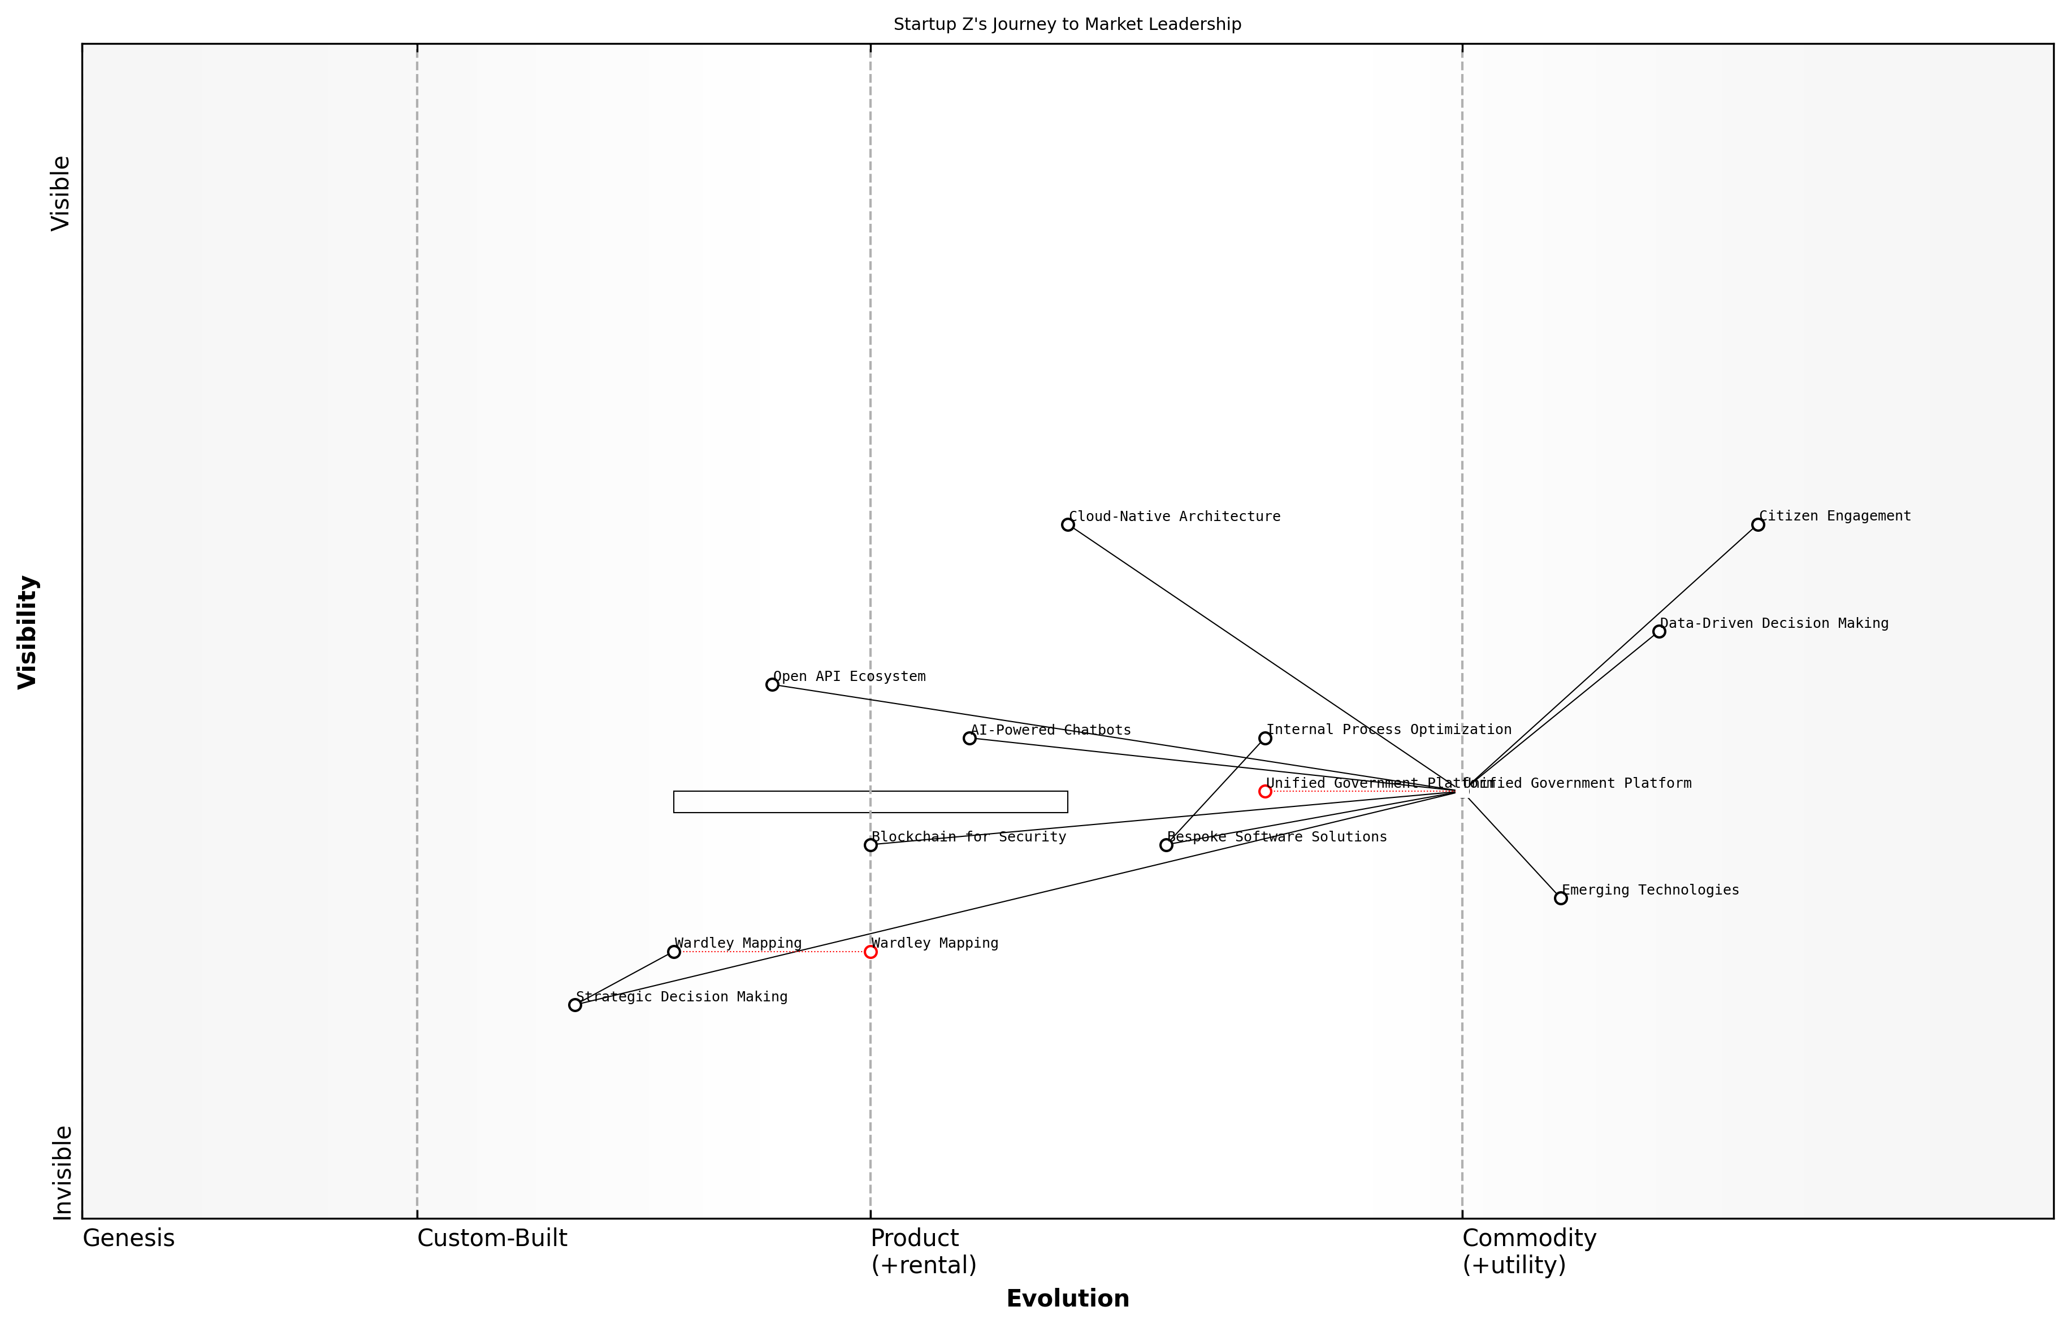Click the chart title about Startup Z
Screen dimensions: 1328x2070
point(1067,24)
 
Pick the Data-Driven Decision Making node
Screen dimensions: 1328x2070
point(1658,631)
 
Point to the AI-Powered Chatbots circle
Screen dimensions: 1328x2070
point(969,738)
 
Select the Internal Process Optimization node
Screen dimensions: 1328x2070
point(1264,738)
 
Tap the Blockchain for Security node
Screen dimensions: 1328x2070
point(871,845)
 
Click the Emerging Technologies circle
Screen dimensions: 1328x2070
point(1560,899)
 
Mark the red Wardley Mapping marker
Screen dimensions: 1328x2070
point(871,952)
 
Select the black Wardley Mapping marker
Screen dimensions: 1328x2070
point(674,952)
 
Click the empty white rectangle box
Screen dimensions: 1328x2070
point(871,802)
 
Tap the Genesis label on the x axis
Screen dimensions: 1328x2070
point(128,1238)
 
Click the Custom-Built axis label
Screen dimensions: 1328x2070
point(492,1238)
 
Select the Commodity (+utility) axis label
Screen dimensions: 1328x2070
point(1528,1251)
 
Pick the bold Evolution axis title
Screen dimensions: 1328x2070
point(1067,1299)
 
